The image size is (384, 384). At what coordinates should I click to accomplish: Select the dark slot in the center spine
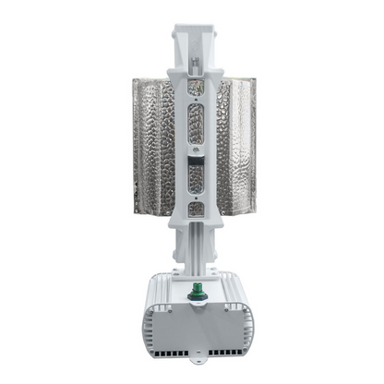(194, 174)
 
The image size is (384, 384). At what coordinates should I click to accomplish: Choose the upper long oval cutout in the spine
(194, 121)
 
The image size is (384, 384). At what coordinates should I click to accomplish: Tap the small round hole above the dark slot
(194, 149)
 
